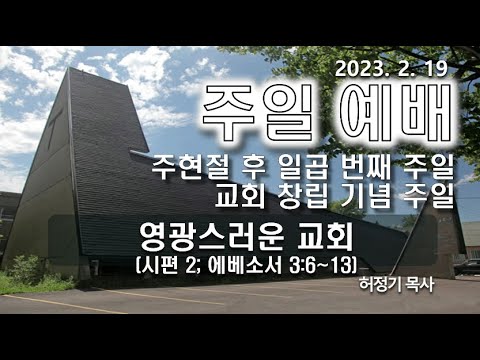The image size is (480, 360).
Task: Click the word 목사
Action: [x=419, y=285]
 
